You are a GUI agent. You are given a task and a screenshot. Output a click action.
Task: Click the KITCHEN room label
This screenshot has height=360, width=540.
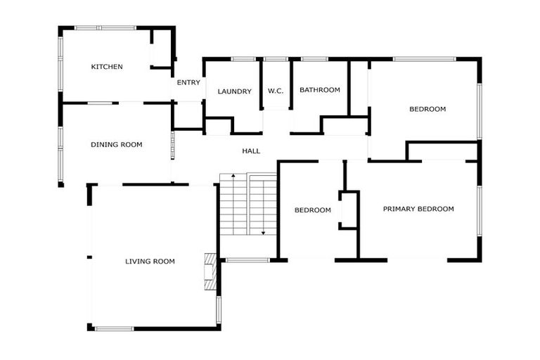[107, 67]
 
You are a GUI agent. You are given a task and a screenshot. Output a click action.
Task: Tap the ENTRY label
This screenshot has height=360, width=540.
[188, 83]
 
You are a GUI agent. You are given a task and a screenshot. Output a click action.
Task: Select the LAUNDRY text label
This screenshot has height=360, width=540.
[234, 91]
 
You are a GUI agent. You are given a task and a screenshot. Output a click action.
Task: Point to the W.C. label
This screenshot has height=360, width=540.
[276, 91]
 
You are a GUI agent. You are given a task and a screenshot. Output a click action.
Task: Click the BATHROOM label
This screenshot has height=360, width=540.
[320, 90]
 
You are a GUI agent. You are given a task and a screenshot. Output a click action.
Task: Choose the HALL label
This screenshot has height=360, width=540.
[251, 151]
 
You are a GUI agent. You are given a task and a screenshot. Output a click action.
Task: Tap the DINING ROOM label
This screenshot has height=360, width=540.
[116, 145]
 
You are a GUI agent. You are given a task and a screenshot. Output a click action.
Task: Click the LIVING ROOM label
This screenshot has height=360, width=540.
[150, 262]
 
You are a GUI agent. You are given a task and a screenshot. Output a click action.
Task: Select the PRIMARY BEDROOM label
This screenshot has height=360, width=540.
[418, 209]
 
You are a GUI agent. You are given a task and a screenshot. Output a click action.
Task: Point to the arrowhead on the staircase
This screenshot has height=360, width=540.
[263, 232]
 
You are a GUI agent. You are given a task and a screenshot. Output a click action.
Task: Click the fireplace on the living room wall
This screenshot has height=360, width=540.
[210, 271]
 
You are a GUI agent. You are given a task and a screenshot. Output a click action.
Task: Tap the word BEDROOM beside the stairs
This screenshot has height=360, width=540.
[312, 210]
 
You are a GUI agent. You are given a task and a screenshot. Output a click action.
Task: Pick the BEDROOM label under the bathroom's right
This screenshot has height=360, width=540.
[427, 109]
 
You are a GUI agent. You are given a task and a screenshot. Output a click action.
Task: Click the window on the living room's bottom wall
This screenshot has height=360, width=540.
[114, 328]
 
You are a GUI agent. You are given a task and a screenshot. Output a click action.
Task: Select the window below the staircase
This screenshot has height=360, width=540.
[247, 260]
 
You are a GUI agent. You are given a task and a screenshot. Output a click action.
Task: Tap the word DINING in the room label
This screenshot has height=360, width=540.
[103, 145]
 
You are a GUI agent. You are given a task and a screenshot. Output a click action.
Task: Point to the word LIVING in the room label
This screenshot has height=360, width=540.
[138, 262]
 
